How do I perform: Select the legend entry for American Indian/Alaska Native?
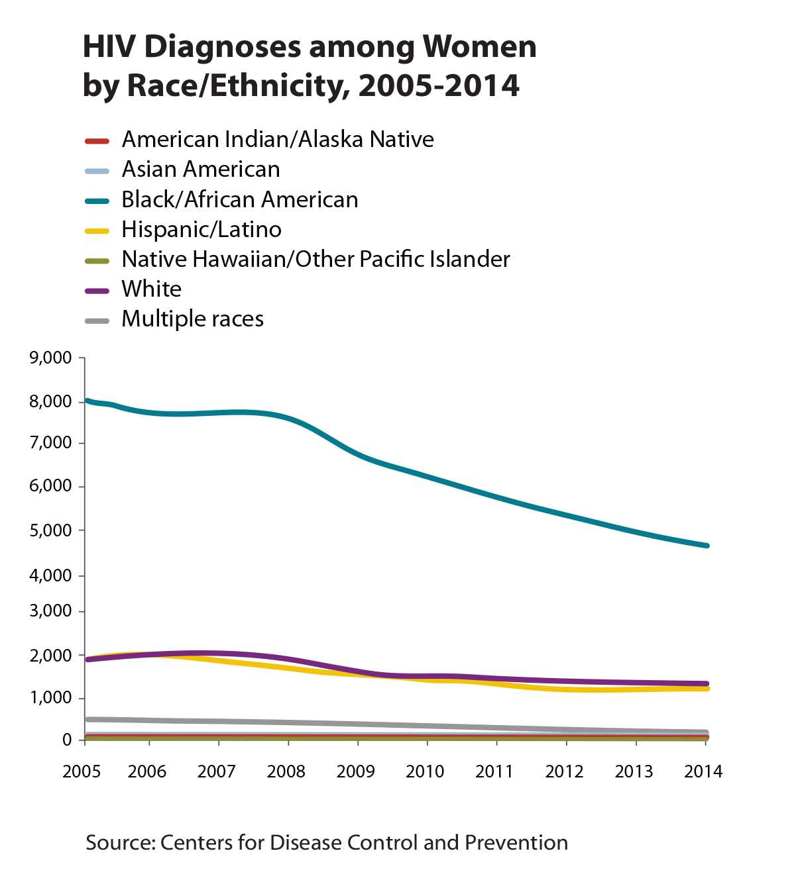[x=278, y=140]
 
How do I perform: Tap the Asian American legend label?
[x=201, y=170]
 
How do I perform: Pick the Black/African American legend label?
[x=239, y=199]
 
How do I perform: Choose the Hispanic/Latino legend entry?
[x=201, y=230]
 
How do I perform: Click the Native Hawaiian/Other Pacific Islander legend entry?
[x=315, y=260]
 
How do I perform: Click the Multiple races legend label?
[x=192, y=319]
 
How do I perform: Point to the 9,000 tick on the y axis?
[x=50, y=358]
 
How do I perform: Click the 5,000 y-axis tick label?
[x=50, y=530]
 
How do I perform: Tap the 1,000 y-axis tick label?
[x=50, y=698]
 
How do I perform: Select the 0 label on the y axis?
[x=67, y=740]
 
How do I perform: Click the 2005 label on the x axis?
[x=82, y=771]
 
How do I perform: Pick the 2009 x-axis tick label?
[x=356, y=771]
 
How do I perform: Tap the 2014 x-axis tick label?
[x=703, y=771]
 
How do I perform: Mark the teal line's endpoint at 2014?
[x=707, y=546]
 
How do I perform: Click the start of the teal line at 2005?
[x=87, y=401]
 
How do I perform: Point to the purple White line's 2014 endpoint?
[x=707, y=683]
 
